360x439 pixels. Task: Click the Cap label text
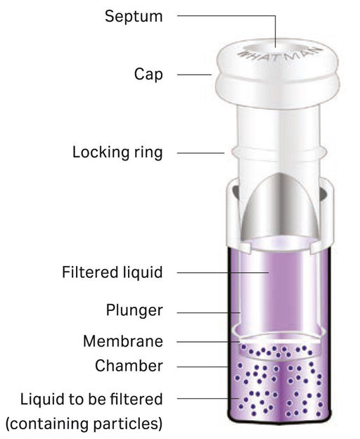coord(148,75)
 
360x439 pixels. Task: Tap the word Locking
coord(101,153)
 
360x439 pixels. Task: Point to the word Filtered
coord(90,272)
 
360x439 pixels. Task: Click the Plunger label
coord(134,310)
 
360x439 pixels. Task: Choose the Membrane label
coord(123,341)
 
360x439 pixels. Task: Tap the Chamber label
coord(129,366)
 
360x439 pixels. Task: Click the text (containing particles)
coord(84,424)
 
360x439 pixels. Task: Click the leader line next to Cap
coord(194,75)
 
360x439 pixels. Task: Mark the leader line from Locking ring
coord(201,153)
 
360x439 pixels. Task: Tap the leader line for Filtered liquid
coord(223,272)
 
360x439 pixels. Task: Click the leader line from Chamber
coord(202,367)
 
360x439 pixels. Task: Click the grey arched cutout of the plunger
coord(280,207)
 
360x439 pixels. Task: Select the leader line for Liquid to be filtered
coord(208,398)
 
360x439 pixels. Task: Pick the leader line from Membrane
coord(209,342)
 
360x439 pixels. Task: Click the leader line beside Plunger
coord(209,313)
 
